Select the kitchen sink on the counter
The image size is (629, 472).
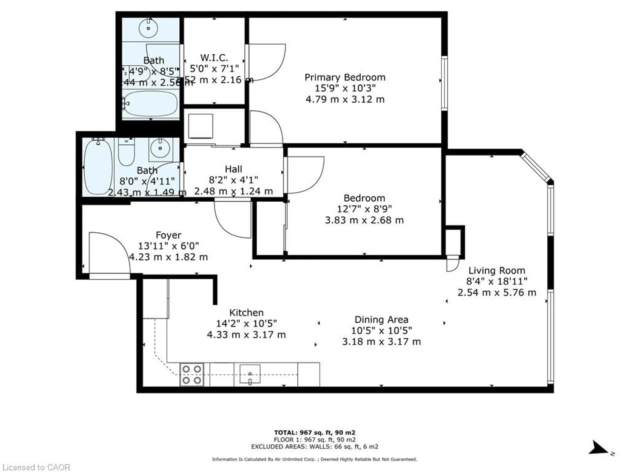coord(250,374)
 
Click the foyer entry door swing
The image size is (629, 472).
coord(109,253)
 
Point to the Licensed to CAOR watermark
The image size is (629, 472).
coord(36,467)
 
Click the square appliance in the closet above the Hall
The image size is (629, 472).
coord(200,126)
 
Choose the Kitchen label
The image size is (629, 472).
coord(246,313)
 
